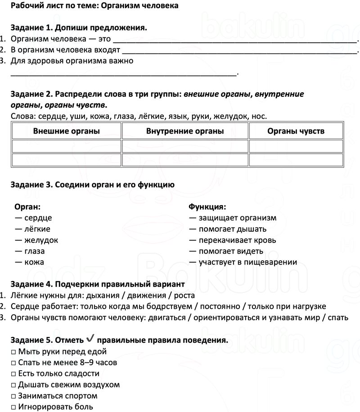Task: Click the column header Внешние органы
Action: pos(67,131)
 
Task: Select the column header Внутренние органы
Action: pos(185,131)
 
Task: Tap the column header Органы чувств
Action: pos(296,131)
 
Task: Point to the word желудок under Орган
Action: pos(41,240)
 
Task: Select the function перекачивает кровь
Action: pos(237,240)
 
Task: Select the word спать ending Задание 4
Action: pos(338,318)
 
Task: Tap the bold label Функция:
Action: pos(207,207)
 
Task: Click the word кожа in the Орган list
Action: pos(34,262)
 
